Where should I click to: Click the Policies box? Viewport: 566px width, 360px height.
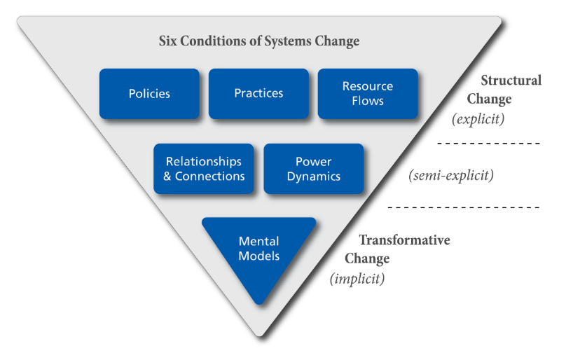149,94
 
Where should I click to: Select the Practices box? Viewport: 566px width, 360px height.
258,94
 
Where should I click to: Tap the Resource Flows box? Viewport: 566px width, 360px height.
368,94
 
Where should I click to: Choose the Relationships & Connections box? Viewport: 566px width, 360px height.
204,169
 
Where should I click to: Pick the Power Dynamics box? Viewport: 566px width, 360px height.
314,169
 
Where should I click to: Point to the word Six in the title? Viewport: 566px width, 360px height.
168,41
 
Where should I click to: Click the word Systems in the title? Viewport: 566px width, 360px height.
288,41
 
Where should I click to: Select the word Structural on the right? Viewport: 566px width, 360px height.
511,80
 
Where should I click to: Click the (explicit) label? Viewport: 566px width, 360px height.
478,119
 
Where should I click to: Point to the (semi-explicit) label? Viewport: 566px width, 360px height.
451,176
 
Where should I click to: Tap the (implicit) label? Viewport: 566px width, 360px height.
357,279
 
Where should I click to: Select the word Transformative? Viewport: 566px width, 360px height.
405,240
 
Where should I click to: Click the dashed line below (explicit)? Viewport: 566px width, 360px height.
488,144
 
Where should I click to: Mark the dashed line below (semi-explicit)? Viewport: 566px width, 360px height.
464,207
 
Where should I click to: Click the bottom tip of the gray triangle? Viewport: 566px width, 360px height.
259,336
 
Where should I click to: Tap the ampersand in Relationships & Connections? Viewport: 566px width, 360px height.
167,176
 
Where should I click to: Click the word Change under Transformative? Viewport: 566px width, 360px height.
367,259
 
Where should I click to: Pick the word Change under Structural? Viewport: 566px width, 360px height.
489,99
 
